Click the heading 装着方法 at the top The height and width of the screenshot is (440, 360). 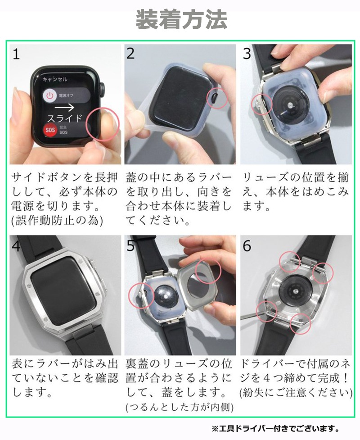coord(181,20)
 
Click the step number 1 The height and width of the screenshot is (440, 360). coord(16,54)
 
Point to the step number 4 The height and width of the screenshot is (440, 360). coord(16,246)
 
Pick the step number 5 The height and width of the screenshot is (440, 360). coord(131,246)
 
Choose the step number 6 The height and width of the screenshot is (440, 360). coord(247,246)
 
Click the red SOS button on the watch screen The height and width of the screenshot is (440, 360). coord(49,131)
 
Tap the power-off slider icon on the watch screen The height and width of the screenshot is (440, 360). coord(50,95)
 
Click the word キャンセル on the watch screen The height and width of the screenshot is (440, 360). coord(54,79)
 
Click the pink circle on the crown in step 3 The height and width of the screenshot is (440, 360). coord(261,104)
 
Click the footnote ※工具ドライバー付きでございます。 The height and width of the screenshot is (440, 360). coord(275,428)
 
